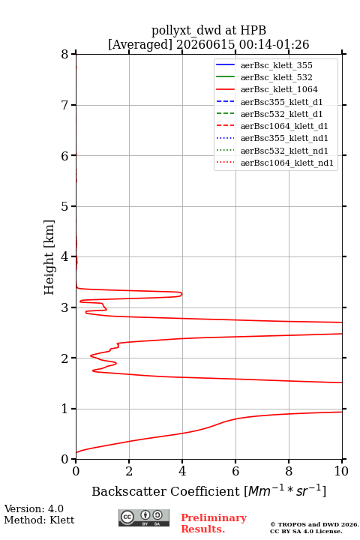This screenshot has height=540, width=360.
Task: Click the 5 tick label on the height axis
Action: click(65, 206)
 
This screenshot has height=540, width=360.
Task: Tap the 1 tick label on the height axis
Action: click(65, 409)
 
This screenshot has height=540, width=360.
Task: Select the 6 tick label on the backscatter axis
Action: click(235, 471)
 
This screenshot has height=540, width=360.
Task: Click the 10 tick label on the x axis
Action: click(341, 471)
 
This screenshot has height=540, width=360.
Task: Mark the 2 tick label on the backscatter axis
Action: click(129, 471)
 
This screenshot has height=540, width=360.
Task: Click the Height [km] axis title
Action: click(49, 257)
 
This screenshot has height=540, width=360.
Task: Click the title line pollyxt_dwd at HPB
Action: click(208, 30)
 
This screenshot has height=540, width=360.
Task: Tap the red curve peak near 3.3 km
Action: click(181, 294)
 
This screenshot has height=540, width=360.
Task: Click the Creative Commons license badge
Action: click(144, 517)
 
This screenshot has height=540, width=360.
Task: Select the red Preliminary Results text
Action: click(214, 523)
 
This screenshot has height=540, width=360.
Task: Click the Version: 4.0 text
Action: click(34, 508)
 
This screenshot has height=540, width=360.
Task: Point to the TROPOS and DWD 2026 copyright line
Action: click(314, 525)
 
